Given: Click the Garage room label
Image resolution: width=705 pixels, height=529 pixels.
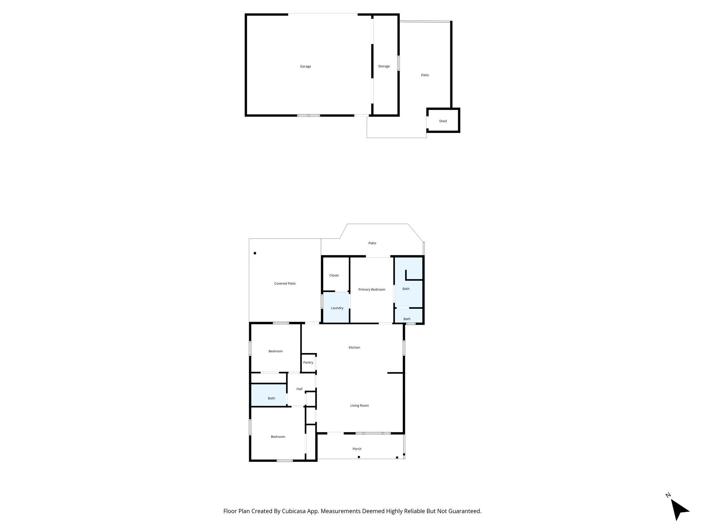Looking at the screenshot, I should click(x=305, y=66).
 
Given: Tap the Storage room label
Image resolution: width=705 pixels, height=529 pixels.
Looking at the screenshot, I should click(x=384, y=66).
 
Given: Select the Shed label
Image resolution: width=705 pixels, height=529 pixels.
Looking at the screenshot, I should click(x=443, y=121).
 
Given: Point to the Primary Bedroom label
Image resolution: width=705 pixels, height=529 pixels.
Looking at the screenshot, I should click(x=371, y=290).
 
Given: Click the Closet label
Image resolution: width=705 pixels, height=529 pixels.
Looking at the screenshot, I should click(x=334, y=276).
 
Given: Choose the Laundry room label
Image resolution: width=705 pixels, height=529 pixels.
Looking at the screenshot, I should click(x=337, y=308).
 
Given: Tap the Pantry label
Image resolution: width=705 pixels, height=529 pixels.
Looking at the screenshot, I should click(x=308, y=363).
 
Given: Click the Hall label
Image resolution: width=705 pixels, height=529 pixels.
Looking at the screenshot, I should click(x=299, y=389).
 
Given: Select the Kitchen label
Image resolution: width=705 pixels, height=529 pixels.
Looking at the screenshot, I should click(x=354, y=348).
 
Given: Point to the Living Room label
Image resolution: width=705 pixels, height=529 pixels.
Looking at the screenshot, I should click(x=359, y=406).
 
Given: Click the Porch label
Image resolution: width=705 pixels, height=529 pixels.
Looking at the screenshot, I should click(x=357, y=449).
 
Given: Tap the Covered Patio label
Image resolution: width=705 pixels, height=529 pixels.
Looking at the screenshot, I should click(x=285, y=284).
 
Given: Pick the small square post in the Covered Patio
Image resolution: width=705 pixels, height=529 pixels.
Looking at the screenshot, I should click(x=255, y=253).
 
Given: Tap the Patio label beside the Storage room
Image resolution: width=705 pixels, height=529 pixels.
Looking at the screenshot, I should click(x=425, y=75).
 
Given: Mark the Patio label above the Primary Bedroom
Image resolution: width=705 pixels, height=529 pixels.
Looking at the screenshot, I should click(x=372, y=243).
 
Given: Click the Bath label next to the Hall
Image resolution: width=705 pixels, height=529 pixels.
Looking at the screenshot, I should click(x=271, y=398).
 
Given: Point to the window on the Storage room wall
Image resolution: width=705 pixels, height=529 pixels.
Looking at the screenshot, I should click(x=399, y=63).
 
